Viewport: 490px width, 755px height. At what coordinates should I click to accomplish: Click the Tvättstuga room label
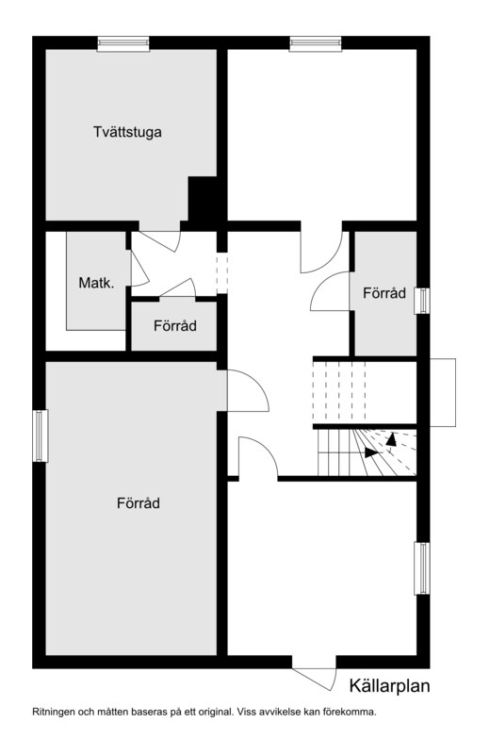tap(127, 132)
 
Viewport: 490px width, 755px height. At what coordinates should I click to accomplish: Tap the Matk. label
tap(97, 283)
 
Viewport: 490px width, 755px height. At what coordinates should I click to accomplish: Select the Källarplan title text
tap(389, 686)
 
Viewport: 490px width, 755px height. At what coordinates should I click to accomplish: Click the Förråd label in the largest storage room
tap(139, 503)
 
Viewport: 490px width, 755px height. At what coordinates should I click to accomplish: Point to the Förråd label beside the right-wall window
tap(384, 293)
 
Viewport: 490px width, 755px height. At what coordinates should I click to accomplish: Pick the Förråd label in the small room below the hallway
tap(175, 325)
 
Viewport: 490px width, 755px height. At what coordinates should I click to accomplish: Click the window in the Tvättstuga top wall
tap(123, 43)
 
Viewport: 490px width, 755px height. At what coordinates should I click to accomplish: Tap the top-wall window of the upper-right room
tap(316, 43)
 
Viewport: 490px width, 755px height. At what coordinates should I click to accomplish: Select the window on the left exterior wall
tap(40, 435)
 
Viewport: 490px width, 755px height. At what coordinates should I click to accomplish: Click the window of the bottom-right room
tap(422, 568)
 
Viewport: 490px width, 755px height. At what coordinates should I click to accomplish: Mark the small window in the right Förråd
tap(422, 301)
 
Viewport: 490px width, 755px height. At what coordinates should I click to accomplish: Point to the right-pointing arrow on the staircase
tap(371, 452)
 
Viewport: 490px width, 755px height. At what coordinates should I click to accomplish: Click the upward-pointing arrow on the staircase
tap(391, 439)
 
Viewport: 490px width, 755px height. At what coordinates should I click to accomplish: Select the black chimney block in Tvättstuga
tap(203, 198)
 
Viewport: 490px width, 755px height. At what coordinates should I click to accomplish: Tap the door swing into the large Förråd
tap(248, 390)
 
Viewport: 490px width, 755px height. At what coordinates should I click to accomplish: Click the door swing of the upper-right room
tap(321, 253)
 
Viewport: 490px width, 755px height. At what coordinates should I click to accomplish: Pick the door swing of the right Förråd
tap(330, 291)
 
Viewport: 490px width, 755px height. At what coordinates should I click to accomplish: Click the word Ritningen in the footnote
tap(54, 712)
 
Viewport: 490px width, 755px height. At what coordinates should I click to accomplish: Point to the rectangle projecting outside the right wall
tap(443, 392)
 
